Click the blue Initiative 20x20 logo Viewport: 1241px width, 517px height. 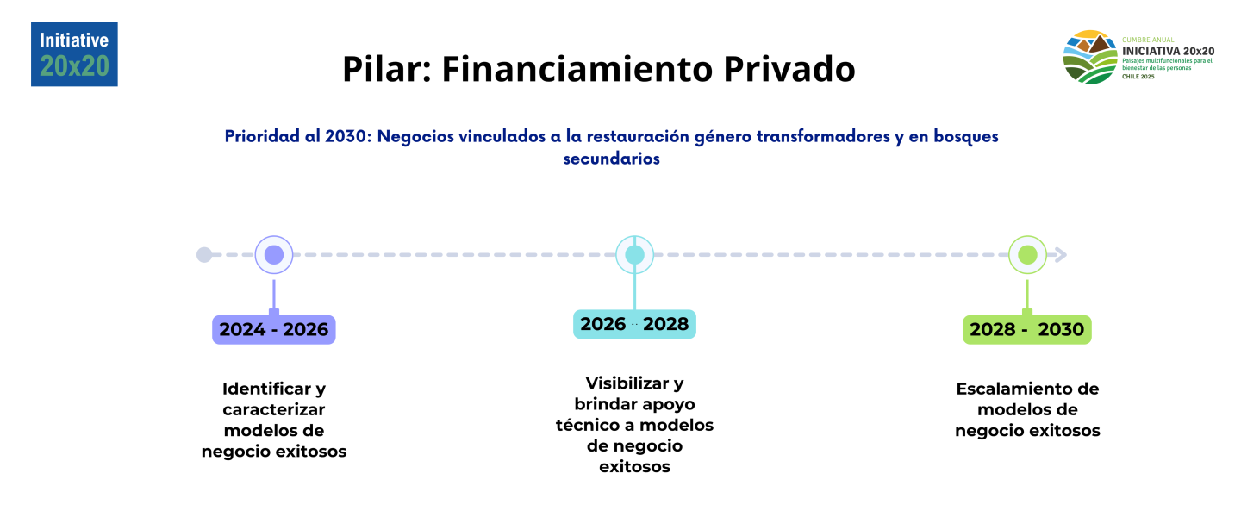(74, 54)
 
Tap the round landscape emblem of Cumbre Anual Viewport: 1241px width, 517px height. (1089, 57)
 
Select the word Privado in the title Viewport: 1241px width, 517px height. (789, 69)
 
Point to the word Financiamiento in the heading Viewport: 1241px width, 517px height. (577, 69)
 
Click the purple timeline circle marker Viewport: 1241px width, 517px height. (274, 255)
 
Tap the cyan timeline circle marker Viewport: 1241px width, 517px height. (634, 255)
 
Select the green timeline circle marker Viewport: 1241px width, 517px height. (1027, 255)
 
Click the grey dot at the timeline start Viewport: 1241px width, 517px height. (204, 255)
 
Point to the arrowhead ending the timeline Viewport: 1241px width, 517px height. (1061, 255)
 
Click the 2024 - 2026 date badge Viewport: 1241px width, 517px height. (274, 330)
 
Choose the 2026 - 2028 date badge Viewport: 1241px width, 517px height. (634, 324)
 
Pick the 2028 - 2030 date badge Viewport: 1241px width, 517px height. (1027, 330)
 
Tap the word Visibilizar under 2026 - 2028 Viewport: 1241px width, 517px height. (627, 383)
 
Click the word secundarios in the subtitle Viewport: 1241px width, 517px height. (612, 159)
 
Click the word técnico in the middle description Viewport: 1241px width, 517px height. (583, 425)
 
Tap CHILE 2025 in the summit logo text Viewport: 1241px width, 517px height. (1138, 77)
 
